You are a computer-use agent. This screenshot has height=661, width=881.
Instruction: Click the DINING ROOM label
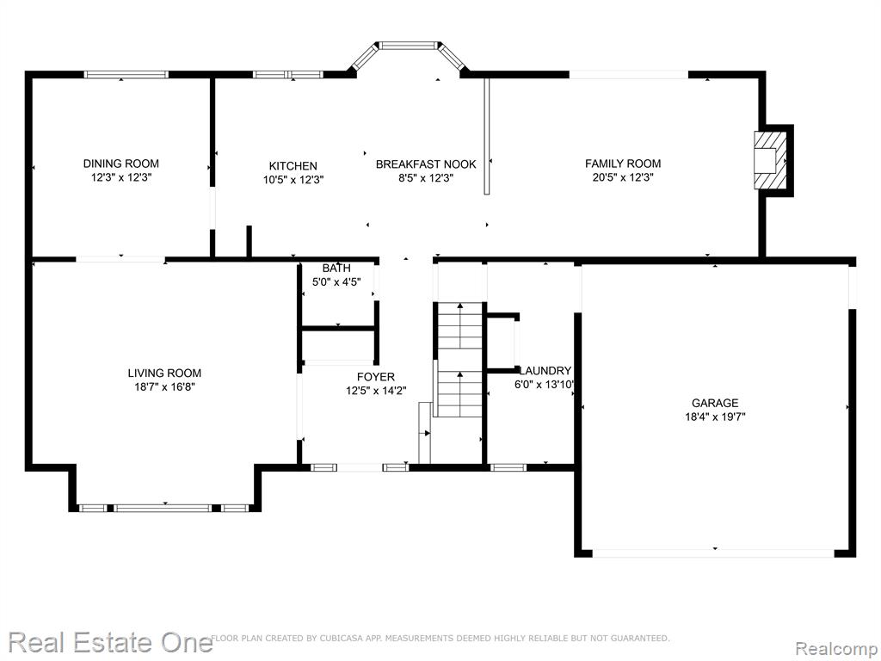click(120, 164)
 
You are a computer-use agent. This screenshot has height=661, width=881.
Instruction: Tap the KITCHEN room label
click(293, 166)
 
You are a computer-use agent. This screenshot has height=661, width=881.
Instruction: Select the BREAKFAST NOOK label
click(426, 164)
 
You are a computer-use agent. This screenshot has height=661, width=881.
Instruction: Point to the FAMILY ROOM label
click(623, 164)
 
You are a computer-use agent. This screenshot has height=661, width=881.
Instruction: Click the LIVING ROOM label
click(164, 373)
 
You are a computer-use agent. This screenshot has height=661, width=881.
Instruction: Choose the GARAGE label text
click(715, 403)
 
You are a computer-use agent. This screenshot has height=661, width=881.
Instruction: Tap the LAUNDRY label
click(545, 371)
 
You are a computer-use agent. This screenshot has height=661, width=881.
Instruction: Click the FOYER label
click(376, 377)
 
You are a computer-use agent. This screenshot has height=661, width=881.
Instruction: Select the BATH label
click(336, 269)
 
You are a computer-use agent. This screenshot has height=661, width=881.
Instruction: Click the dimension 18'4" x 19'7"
click(715, 417)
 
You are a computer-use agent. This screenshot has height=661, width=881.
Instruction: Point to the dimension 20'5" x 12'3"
click(623, 177)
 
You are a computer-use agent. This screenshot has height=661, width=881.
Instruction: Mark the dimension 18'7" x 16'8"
click(164, 386)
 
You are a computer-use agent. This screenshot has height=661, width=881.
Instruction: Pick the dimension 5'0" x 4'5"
click(336, 282)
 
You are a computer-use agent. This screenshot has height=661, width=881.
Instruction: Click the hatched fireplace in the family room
click(770, 160)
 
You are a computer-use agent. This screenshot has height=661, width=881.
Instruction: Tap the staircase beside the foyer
click(459, 360)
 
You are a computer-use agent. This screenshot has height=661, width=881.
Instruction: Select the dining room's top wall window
click(126, 74)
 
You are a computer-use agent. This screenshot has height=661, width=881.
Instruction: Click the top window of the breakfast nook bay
click(409, 45)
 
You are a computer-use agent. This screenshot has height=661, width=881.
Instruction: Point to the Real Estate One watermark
click(111, 642)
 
